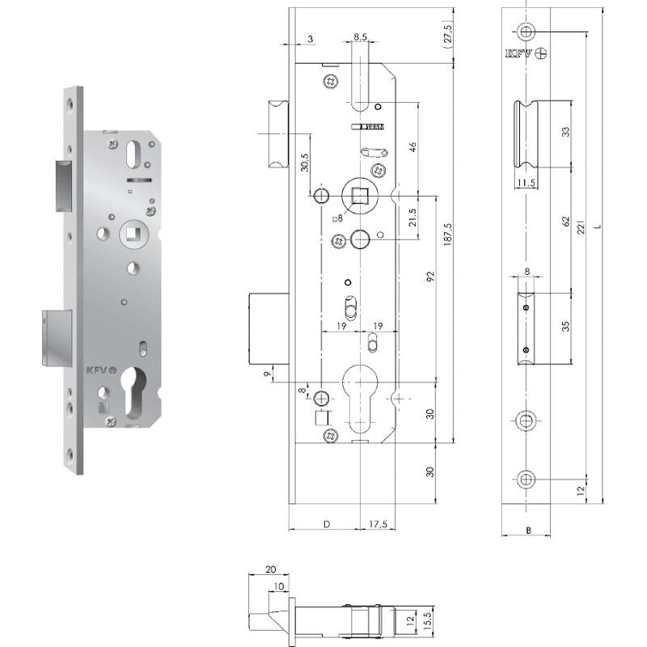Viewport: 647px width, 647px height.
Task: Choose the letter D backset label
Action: click(x=326, y=524)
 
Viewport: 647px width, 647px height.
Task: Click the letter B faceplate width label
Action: click(x=527, y=531)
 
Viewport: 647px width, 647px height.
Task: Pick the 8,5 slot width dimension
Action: click(x=361, y=36)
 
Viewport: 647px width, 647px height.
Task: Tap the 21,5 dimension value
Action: click(x=412, y=218)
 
